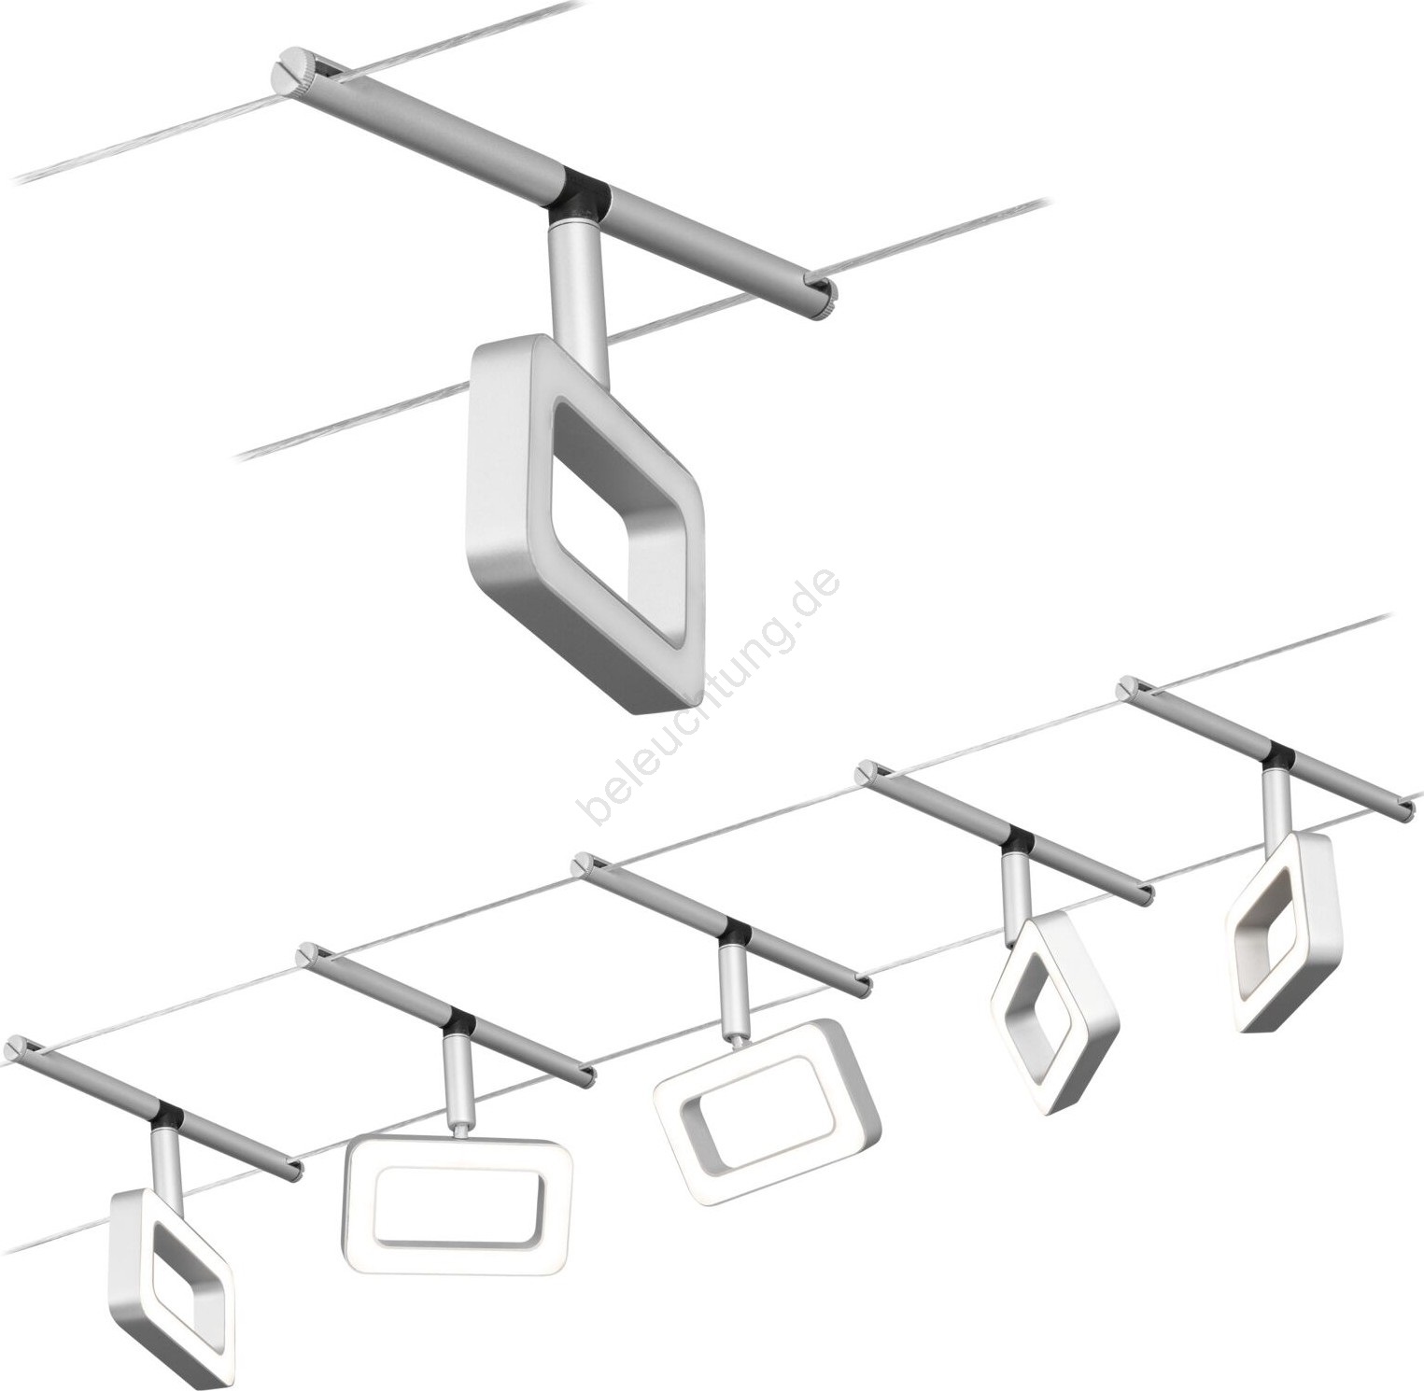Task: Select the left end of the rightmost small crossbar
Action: (1126, 686)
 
